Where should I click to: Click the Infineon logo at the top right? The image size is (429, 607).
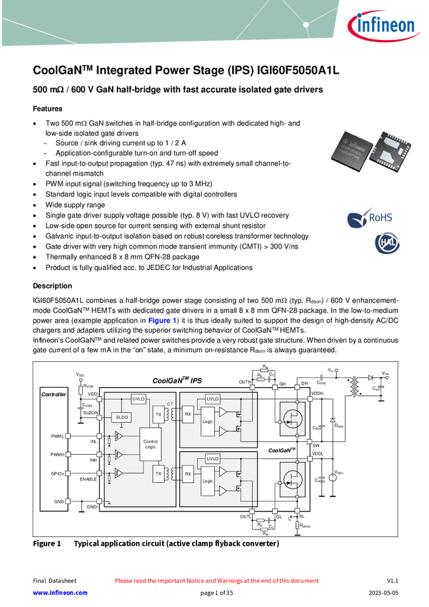(380, 25)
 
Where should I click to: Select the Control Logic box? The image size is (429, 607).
(150, 443)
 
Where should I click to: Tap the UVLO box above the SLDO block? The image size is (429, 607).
(138, 399)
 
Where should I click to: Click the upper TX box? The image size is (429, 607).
(158, 413)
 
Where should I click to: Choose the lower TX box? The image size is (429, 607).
(158, 473)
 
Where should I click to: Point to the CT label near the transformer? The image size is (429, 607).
(170, 405)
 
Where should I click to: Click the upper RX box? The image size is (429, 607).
(188, 413)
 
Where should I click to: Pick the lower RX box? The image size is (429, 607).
(188, 473)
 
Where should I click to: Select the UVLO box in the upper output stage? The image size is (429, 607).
(213, 398)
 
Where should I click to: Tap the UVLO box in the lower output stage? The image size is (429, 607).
(213, 458)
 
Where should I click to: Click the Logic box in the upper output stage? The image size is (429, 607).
(208, 421)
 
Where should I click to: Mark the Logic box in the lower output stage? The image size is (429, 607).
(208, 481)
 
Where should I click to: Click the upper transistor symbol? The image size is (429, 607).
(293, 418)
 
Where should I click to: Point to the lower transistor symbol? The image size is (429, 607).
(293, 478)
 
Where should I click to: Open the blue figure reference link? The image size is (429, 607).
(161, 321)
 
